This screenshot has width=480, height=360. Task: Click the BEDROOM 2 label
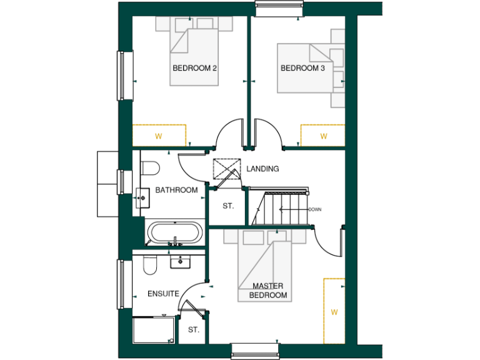[x=194, y=67]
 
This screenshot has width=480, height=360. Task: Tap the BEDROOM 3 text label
[x=302, y=67]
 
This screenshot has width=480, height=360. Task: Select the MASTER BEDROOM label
[x=268, y=291]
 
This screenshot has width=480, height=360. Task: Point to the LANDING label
[x=262, y=169]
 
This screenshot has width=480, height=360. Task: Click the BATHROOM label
[x=176, y=190]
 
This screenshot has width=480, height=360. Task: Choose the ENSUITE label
[x=163, y=293]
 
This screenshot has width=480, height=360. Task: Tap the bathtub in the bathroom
[x=174, y=232]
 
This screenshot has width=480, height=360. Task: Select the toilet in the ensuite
[x=149, y=265]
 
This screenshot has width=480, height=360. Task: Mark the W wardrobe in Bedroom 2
[x=159, y=135]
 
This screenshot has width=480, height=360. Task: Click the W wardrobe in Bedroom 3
[x=323, y=135]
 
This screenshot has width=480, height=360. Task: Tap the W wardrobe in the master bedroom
[x=334, y=311]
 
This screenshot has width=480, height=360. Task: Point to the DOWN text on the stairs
[x=314, y=209]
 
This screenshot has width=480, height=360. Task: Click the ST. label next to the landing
[x=228, y=206]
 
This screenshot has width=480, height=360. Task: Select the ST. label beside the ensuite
[x=193, y=330]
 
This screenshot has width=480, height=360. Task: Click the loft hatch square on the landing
[x=227, y=169]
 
